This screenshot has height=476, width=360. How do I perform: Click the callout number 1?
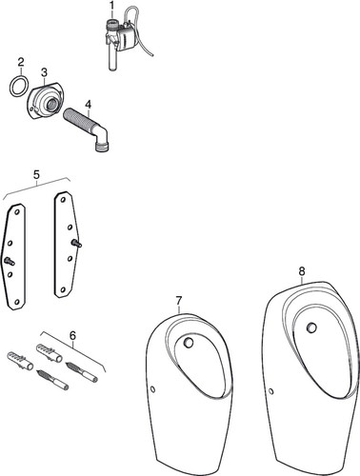pyautogui.click(x=111, y=6)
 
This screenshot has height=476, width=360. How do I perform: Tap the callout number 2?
pyautogui.click(x=21, y=62)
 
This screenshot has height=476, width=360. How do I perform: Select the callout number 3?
pyautogui.click(x=44, y=72)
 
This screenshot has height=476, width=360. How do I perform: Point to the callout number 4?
pyautogui.click(x=88, y=104)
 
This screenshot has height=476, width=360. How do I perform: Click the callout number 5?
pyautogui.click(x=36, y=174)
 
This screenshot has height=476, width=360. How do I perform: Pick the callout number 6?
pyautogui.click(x=72, y=335)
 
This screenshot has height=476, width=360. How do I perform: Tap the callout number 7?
pyautogui.click(x=179, y=300)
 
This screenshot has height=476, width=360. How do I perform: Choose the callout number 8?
pyautogui.click(x=302, y=271)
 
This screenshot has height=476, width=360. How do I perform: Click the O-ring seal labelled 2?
pyautogui.click(x=20, y=86)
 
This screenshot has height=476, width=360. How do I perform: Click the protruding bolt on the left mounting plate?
pyautogui.click(x=10, y=262)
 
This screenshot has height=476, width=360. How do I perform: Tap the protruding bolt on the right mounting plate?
pyautogui.click(x=76, y=244)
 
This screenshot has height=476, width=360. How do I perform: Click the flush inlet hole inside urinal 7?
pyautogui.click(x=189, y=342)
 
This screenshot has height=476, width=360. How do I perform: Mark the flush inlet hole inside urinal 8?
pyautogui.click(x=311, y=327)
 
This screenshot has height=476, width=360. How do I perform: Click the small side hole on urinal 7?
pyautogui.click(x=153, y=388)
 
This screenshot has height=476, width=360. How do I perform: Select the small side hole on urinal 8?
pyautogui.click(x=270, y=391)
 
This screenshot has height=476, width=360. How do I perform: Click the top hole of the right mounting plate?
pyautogui.click(x=63, y=200)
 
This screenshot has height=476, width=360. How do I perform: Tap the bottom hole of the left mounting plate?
pyautogui.click(x=17, y=302)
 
